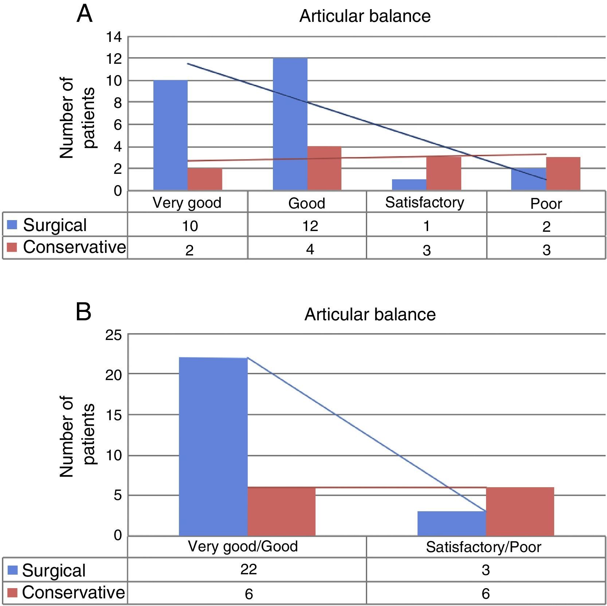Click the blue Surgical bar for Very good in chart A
pos(170,135)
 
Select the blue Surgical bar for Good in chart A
pos(290,124)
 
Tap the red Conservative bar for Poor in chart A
pos(563,173)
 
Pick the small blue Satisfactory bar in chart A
pos(409,184)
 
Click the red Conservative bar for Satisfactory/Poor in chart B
pos(520,511)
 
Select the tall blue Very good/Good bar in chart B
pos(213,446)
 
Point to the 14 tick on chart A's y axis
pos(114,37)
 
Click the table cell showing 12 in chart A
pos(310,226)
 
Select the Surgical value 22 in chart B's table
pos(248,569)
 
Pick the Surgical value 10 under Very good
pos(190,226)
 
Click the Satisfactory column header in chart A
pos(424,202)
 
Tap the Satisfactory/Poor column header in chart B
pos(483,547)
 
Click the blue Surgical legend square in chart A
pos(12,225)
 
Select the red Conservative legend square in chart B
pos(12,593)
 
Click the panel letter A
pos(84,15)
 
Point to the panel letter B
pos(83,312)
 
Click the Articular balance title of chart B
pos(370,314)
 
